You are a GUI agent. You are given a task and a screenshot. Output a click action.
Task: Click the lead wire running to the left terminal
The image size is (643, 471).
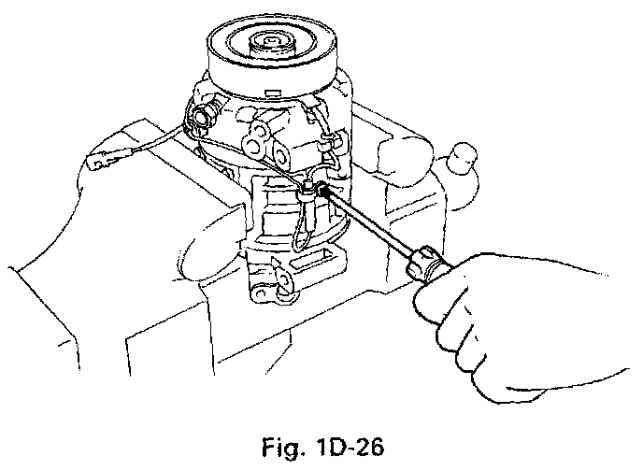[150, 150]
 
